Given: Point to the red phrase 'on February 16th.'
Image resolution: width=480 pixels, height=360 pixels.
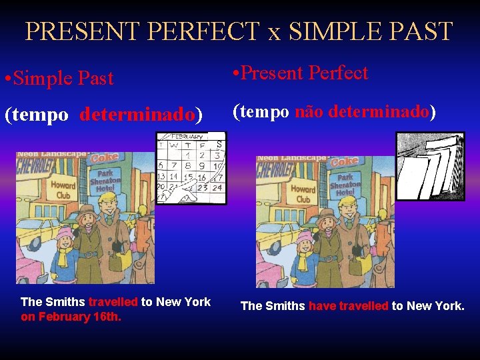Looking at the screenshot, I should (x=71, y=317).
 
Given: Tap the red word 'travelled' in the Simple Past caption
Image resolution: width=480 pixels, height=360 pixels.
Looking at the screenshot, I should (x=113, y=302).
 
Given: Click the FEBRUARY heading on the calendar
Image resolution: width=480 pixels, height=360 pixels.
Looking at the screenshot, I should (x=189, y=137).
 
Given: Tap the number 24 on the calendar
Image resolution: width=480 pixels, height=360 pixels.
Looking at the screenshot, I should (x=217, y=187).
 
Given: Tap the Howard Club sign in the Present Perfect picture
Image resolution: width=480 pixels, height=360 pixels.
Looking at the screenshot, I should (x=303, y=193).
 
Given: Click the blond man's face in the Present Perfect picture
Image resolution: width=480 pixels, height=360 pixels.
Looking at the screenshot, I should (x=347, y=201).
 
